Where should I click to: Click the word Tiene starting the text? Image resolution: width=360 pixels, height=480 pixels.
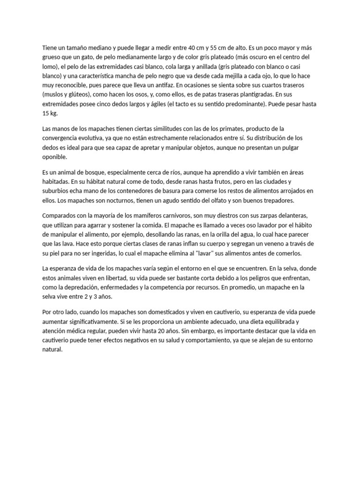[49, 47]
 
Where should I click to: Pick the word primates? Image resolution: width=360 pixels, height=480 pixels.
[215, 128]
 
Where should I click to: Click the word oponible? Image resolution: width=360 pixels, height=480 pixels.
[54, 157]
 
